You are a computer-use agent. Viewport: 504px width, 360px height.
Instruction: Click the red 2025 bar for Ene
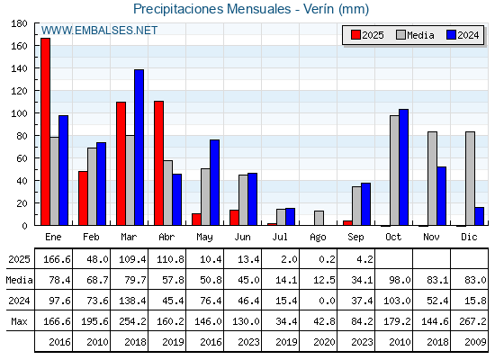tap(45, 131)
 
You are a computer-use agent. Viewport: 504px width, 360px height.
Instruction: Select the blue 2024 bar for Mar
tap(139, 148)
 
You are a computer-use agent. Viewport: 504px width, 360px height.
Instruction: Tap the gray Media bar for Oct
tap(394, 170)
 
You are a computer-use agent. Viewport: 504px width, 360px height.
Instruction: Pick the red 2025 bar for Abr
tap(158, 163)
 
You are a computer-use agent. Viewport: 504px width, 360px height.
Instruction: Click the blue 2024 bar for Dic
tap(479, 216)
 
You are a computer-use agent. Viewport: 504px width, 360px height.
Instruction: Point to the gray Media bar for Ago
tap(319, 218)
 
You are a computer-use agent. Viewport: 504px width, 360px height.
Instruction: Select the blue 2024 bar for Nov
tap(441, 196)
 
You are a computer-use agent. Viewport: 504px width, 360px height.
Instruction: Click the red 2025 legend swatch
tap(355, 35)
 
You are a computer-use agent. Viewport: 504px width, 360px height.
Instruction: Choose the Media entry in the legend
tap(415, 35)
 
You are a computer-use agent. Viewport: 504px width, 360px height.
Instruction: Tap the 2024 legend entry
tap(463, 35)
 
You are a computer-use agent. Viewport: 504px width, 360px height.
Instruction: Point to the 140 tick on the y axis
tap(19, 68)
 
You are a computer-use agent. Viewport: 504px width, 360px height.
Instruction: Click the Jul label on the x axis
tap(280, 237)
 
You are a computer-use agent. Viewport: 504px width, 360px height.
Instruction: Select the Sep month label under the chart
tap(355, 238)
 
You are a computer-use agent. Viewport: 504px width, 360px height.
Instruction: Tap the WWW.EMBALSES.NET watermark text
tap(99, 31)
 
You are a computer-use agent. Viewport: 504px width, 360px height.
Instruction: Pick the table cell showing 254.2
tap(132, 321)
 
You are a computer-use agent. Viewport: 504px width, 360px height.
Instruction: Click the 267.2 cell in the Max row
tap(472, 321)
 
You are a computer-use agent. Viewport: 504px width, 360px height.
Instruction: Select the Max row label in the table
tap(19, 321)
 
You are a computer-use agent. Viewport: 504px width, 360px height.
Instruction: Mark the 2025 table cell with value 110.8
tap(170, 259)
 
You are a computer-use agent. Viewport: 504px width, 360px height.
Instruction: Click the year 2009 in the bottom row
tap(475, 342)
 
